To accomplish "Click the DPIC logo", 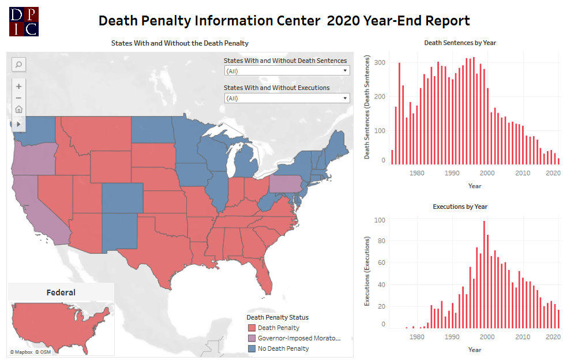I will point(24,22).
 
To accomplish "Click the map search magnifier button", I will point(18,65).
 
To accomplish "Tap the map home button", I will point(18,110).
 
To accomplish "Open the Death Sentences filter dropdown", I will point(287,71).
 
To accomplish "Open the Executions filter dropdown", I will point(287,98).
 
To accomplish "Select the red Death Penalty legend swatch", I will point(252,328).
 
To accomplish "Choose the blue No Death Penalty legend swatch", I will point(252,348).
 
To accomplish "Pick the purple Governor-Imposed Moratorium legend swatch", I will point(252,338).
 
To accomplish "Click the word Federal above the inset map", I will point(61,292).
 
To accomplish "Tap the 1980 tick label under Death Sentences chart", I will point(417,173).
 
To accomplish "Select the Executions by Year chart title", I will point(460,207).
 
